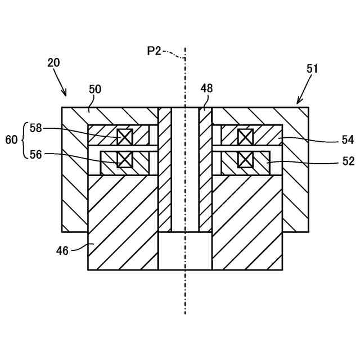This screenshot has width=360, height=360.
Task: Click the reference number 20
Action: point(54,63)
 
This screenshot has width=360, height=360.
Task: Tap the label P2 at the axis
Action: point(154,51)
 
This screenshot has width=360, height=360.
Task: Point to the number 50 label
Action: point(95,89)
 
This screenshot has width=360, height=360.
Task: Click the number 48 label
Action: point(206,88)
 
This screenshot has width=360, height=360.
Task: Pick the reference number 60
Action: point(12,140)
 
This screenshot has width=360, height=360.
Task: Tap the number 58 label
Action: point(36,128)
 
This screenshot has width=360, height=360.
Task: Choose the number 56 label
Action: point(36,154)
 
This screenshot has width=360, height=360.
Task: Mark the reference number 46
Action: point(62,250)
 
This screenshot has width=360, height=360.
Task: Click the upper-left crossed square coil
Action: point(124,137)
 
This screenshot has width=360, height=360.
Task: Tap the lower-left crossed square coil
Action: point(124,159)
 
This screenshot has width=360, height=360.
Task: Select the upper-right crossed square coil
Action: point(245,137)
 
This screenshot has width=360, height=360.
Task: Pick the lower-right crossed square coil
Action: point(245,159)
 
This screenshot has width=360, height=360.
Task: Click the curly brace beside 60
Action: point(24,140)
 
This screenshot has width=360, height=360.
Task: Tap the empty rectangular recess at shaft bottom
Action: point(184,251)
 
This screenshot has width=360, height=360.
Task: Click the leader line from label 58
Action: point(79,129)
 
